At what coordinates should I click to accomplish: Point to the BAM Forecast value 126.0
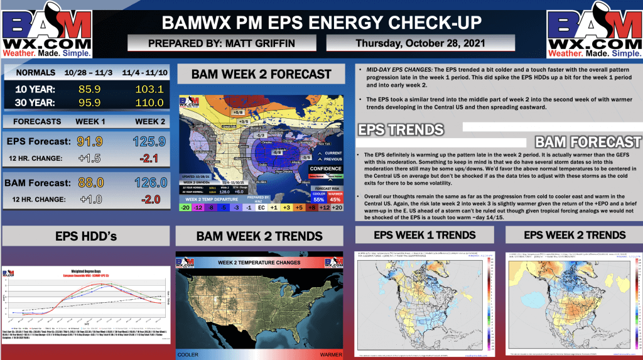pyautogui.click(x=146, y=183)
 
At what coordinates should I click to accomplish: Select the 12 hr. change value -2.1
pyautogui.click(x=146, y=158)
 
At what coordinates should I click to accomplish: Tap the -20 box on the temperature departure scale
pyautogui.click(x=185, y=207)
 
